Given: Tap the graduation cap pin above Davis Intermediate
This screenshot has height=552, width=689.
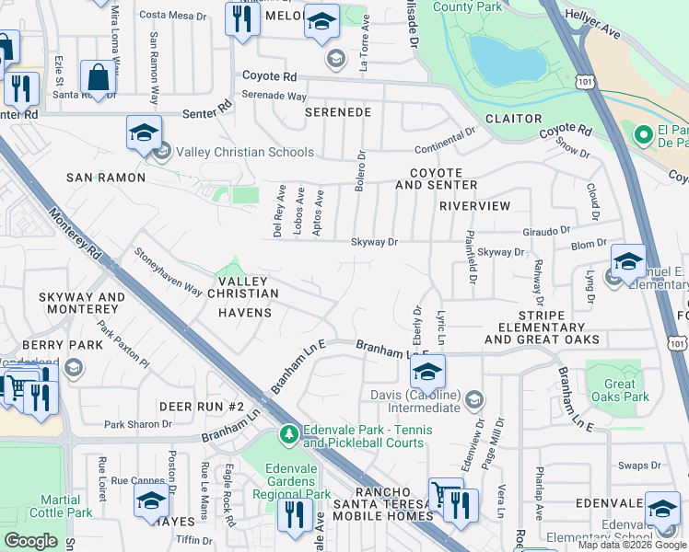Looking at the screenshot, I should click(427, 372).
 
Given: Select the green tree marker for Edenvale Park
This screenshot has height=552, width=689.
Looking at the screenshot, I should click(289, 433).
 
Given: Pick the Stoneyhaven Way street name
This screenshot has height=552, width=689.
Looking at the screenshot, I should click(168, 271).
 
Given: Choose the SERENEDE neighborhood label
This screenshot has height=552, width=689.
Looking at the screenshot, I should click(339, 112).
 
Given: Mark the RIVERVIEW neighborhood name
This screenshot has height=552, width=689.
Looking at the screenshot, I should click(474, 206).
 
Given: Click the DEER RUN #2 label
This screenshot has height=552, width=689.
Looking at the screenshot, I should click(201, 407).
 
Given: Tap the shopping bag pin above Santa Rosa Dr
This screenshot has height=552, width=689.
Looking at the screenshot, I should click(98, 78).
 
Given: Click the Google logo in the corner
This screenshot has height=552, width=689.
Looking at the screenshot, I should click(30, 541).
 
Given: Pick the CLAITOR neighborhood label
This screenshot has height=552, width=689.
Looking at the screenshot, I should click(513, 119).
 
